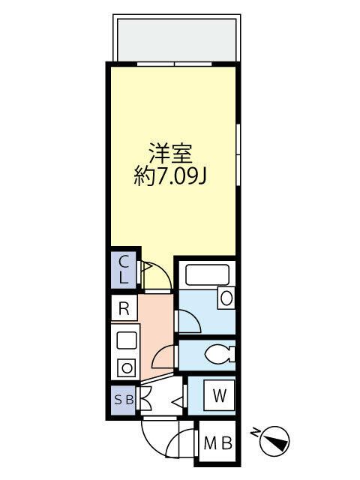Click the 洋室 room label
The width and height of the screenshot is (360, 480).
pos(171,155)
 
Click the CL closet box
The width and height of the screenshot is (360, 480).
pos(125,268)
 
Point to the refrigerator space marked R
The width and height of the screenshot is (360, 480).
pos(124,308)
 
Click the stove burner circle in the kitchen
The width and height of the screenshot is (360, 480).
pos(127,368)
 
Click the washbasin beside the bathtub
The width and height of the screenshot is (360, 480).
pos(226,298)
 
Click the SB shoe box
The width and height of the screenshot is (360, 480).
pos(124,400)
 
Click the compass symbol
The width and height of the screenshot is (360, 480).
pos(277,440)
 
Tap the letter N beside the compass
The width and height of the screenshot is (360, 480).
pos(256,432)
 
